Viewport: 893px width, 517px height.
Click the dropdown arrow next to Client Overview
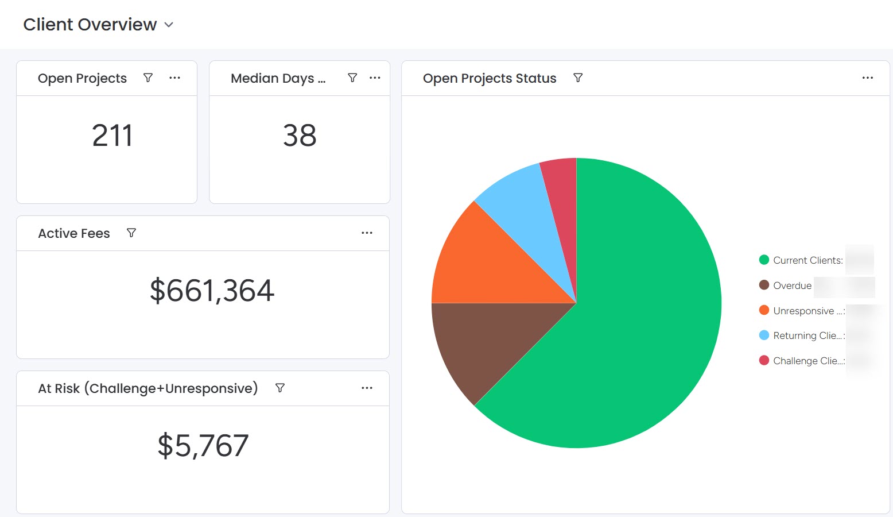point(169,25)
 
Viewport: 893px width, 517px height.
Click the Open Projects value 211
point(112,136)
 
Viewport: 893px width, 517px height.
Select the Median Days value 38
point(300,136)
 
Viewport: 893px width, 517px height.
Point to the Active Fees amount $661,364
point(212,291)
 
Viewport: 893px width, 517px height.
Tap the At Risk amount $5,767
point(203,446)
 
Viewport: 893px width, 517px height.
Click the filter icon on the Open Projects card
point(148,78)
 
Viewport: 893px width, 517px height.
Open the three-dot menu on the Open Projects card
point(175,78)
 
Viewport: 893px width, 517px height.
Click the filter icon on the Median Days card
point(352,78)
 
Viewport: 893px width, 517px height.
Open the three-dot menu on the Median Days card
point(375,78)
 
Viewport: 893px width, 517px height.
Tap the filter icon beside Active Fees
point(131,233)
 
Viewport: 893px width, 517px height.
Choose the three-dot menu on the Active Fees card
point(367,233)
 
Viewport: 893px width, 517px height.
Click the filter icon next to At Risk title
point(280,388)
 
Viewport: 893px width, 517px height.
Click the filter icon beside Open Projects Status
point(578,78)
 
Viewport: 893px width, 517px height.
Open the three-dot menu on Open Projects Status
point(867,78)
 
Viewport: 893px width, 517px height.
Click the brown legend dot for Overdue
point(764,285)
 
